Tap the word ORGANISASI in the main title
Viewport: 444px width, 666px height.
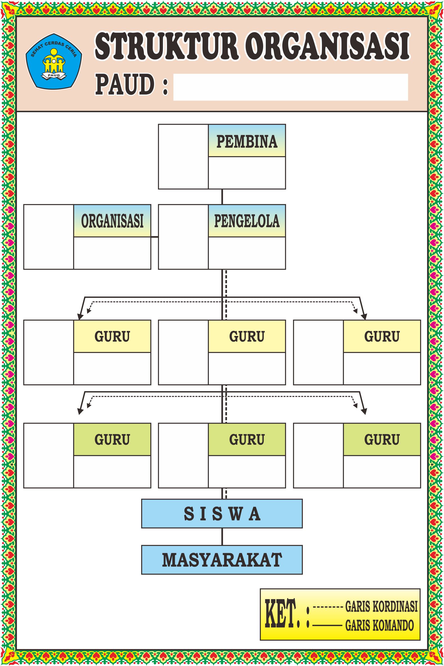click(327, 47)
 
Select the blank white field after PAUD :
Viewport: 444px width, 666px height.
click(290, 87)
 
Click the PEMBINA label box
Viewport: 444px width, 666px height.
click(247, 141)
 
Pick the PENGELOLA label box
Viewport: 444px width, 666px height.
click(247, 221)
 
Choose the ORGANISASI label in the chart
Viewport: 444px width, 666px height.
click(112, 221)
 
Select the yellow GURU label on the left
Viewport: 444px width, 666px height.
click(112, 336)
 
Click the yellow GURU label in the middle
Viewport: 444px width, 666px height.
click(247, 336)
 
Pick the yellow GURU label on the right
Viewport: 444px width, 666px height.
click(382, 336)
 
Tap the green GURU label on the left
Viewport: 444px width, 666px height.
click(112, 439)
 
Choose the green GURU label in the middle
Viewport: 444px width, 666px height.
click(247, 439)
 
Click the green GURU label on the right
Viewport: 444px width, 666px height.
click(382, 439)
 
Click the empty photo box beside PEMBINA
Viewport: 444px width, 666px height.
click(183, 157)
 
